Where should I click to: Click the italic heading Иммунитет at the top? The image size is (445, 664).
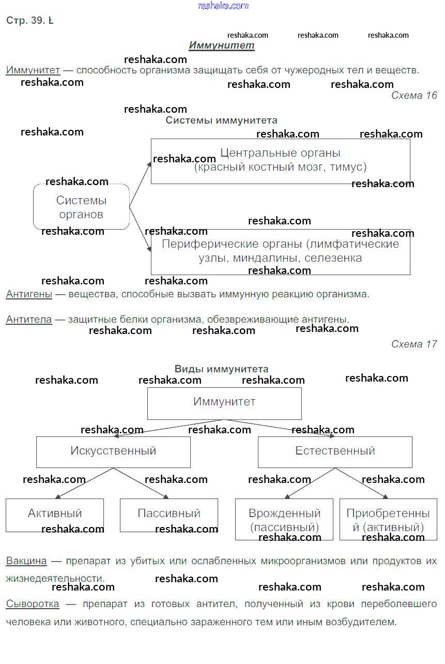[x=221, y=46]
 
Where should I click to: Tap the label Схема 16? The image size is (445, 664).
[x=413, y=95]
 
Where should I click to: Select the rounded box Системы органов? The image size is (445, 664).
[x=81, y=207]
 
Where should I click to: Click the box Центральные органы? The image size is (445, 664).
[x=280, y=160]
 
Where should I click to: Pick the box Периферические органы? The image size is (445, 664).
[x=280, y=252]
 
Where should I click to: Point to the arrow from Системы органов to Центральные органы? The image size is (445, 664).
[x=140, y=184]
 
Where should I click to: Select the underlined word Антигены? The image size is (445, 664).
[x=29, y=294]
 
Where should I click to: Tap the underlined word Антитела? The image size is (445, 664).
[x=29, y=320]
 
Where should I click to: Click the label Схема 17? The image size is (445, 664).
[x=413, y=344]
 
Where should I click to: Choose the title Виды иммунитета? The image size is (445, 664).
[x=221, y=369]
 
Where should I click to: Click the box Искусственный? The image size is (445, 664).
[x=113, y=451]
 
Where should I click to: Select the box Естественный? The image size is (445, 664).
[x=335, y=451]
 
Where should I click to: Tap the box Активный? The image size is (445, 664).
[x=55, y=515]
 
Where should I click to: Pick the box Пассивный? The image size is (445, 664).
[x=168, y=515]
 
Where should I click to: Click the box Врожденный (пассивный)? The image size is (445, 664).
[x=284, y=519]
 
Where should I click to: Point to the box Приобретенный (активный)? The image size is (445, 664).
[x=388, y=519]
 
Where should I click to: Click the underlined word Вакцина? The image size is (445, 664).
[x=26, y=561]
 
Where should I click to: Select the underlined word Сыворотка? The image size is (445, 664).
[x=32, y=604]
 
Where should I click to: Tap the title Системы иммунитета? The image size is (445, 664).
[x=221, y=120]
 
